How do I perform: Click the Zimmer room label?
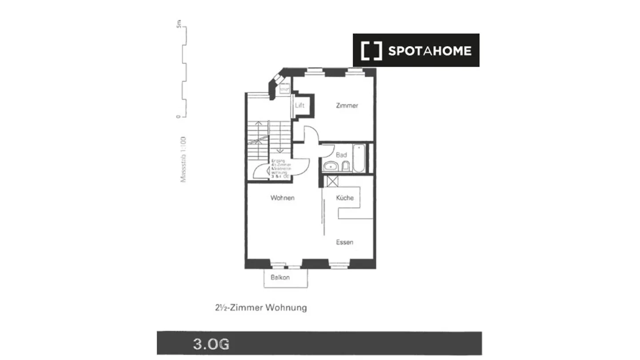(347, 106)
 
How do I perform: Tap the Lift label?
(300, 106)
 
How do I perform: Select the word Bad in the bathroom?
(341, 155)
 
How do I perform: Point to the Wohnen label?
(282, 198)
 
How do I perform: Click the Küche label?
(345, 198)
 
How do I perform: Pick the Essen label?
(344, 242)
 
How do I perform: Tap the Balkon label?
(280, 277)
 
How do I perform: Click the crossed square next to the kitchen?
(331, 181)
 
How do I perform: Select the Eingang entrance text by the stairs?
(280, 168)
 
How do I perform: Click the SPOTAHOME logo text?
(430, 51)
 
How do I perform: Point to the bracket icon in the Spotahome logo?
(371, 51)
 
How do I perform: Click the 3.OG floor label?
(211, 344)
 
